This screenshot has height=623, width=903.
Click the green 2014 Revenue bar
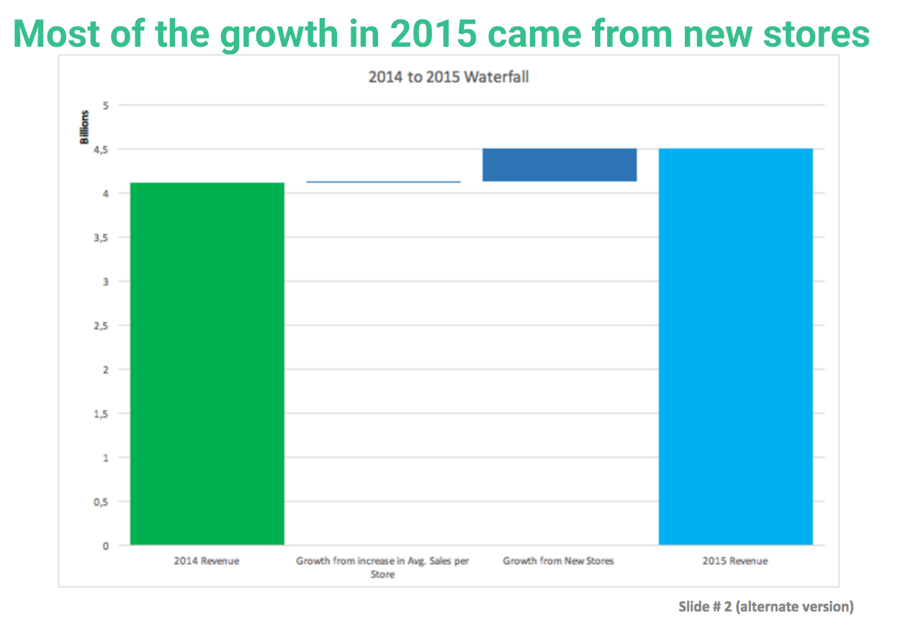tap(207, 363)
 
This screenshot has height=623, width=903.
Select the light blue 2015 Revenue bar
tap(736, 347)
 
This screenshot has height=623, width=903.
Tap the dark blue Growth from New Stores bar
tap(560, 165)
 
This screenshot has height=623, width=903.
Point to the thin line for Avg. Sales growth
tap(383, 182)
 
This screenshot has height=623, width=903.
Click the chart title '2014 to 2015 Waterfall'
tap(449, 77)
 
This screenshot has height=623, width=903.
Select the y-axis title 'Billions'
tap(84, 127)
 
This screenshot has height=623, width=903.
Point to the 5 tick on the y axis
tap(106, 106)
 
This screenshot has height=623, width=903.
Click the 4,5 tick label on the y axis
tap(102, 150)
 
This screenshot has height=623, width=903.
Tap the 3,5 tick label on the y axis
tap(102, 238)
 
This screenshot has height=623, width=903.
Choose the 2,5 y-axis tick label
tap(102, 326)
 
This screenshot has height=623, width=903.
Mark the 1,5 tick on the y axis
tap(102, 414)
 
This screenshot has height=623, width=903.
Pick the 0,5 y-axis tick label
tap(102, 502)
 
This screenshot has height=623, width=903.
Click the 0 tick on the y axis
tap(106, 546)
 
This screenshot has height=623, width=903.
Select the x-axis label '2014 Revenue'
tap(207, 561)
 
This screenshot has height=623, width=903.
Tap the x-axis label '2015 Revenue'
tap(735, 561)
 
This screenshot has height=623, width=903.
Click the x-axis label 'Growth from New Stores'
tap(558, 561)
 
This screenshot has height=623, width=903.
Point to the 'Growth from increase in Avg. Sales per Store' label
tap(382, 568)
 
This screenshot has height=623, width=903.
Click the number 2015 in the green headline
tap(433, 34)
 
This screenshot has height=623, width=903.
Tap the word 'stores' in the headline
tap(817, 35)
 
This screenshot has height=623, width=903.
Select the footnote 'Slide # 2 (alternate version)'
tap(766, 606)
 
